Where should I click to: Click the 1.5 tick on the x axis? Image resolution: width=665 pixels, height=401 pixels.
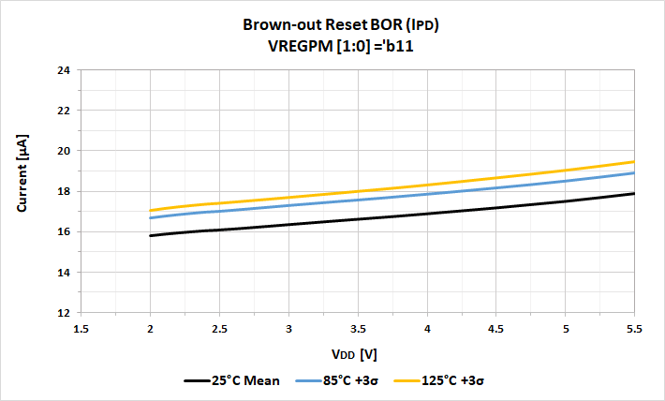(x=81, y=330)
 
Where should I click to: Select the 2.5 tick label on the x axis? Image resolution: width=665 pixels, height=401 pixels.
(x=219, y=330)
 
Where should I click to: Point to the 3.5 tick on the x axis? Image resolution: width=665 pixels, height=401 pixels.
(x=358, y=330)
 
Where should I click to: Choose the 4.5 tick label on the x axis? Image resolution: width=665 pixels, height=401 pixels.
(x=496, y=330)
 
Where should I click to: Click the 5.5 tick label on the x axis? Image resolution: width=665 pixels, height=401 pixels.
(x=634, y=330)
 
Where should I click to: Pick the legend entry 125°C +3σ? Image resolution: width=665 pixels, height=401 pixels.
(x=444, y=381)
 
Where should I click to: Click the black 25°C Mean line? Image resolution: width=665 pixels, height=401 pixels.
(x=358, y=219)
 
